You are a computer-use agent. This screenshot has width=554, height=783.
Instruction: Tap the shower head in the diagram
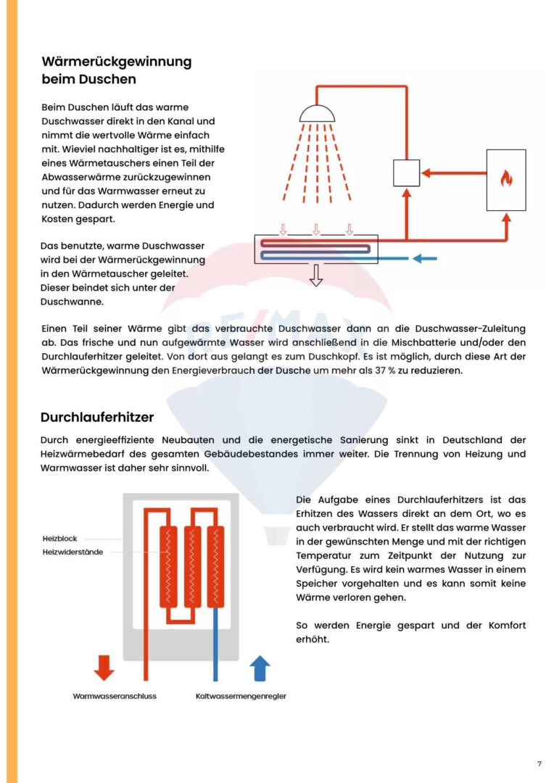[317, 114]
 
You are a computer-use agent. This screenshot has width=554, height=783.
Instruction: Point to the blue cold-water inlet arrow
[425, 257]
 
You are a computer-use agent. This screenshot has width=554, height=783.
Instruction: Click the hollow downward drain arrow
[315, 275]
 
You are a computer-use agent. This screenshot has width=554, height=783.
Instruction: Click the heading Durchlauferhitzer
[97, 418]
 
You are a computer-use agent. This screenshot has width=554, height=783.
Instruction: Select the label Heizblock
[59, 539]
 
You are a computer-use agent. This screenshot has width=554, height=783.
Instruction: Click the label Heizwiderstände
[72, 552]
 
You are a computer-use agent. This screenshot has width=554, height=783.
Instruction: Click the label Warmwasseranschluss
[115, 696]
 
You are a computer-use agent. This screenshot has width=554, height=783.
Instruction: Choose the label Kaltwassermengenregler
[241, 696]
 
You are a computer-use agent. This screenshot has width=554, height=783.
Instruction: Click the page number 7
[539, 763]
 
